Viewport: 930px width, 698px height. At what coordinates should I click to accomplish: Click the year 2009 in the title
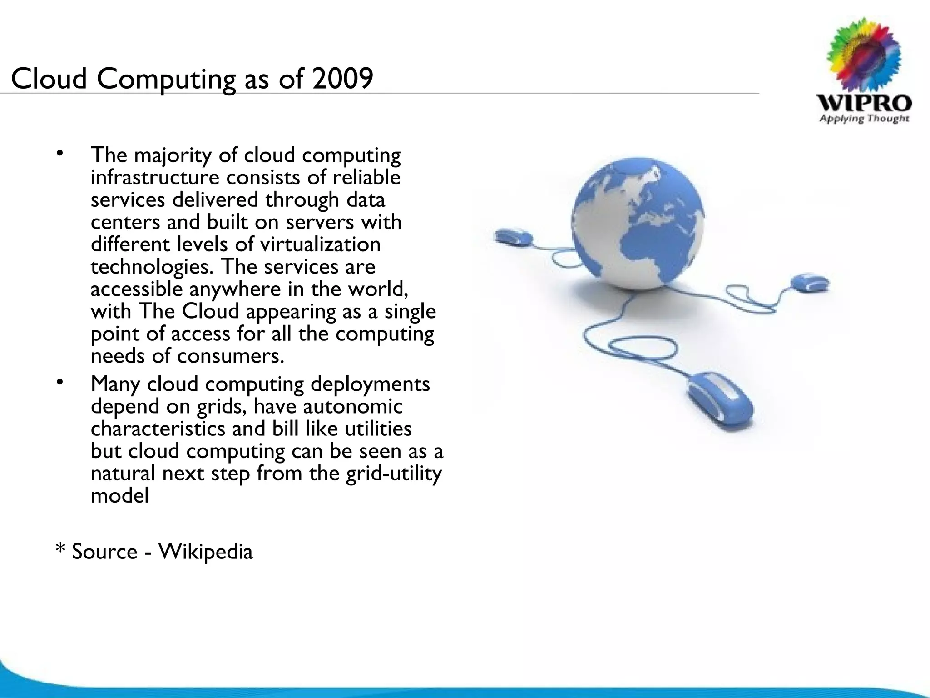(x=342, y=78)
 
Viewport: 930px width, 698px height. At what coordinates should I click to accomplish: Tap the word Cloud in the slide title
(x=48, y=78)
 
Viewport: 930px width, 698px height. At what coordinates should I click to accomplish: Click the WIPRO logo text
(x=864, y=104)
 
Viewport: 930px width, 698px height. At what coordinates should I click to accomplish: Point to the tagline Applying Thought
(x=864, y=119)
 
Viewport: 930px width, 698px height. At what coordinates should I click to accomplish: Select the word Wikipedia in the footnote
(x=205, y=552)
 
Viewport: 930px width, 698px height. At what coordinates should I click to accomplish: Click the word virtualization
(x=320, y=244)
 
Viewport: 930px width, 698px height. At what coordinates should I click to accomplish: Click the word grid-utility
(x=393, y=474)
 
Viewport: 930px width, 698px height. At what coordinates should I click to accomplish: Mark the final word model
(x=119, y=495)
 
